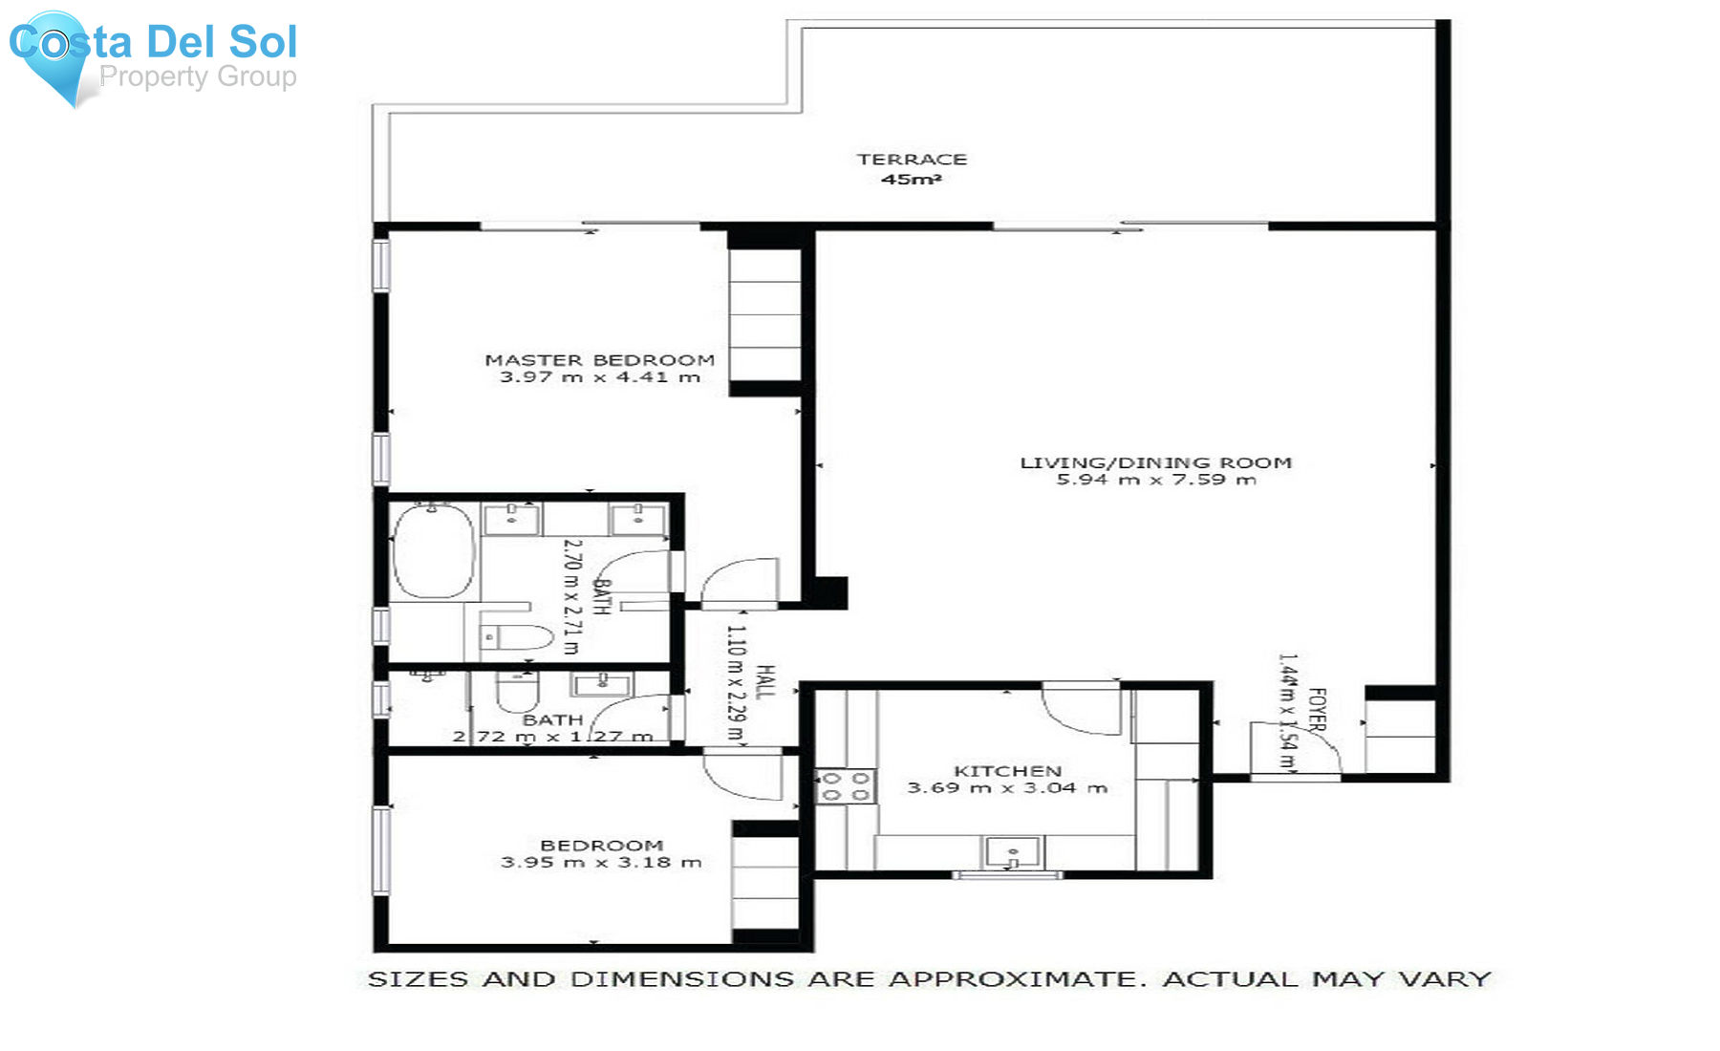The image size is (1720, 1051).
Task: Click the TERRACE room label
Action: pos(912,160)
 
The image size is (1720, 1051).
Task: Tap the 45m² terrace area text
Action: pos(912,180)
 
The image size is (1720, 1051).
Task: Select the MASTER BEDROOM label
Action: pos(599,360)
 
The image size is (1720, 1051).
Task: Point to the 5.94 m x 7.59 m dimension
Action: pos(1156,480)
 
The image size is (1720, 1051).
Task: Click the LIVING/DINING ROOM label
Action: pos(1156,462)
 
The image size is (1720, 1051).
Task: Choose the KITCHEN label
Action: pos(1008,771)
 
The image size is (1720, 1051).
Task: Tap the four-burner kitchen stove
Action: pos(846,786)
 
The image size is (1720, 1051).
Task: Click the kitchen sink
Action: pos(1014,852)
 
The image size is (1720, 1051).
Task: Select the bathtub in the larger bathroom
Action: pos(434,551)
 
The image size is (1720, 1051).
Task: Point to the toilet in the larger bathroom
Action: pos(516,636)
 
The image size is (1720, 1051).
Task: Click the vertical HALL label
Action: pos(765,681)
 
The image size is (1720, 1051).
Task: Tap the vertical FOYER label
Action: pos(1317,710)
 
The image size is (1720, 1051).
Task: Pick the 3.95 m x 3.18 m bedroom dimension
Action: pos(601,862)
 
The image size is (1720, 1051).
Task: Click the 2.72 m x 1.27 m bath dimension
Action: pos(553,737)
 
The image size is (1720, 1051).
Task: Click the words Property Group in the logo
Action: pos(198,76)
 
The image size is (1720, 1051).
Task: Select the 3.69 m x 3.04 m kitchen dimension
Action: pos(1007,788)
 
